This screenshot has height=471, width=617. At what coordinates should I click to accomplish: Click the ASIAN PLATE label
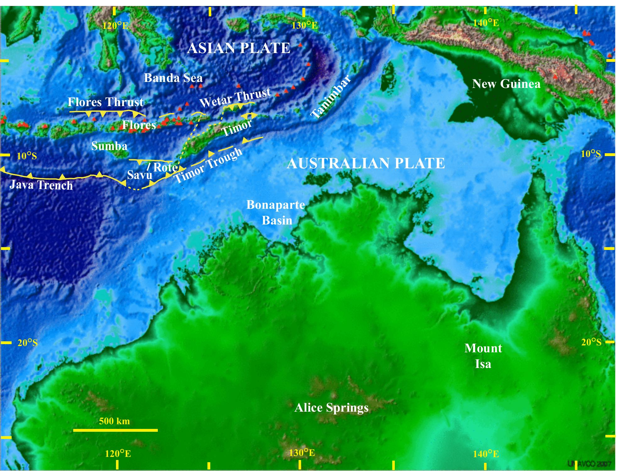pyautogui.click(x=239, y=48)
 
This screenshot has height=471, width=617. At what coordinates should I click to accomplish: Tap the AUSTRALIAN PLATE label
pyautogui.click(x=366, y=163)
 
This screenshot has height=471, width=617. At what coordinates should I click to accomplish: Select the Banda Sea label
pyautogui.click(x=173, y=78)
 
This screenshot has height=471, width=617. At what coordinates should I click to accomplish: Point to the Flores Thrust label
pyautogui.click(x=106, y=102)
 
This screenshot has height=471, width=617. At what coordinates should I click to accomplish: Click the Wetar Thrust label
pyautogui.click(x=235, y=97)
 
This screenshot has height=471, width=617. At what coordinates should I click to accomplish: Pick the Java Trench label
pyautogui.click(x=41, y=185)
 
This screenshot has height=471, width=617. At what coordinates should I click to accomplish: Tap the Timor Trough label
pyautogui.click(x=208, y=165)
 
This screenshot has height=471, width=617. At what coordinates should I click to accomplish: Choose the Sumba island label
pyautogui.click(x=109, y=146)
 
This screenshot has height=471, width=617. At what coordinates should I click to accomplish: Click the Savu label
pyautogui.click(x=140, y=175)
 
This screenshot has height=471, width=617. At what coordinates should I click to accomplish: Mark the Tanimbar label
pyautogui.click(x=331, y=97)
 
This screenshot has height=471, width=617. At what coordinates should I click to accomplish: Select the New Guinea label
pyautogui.click(x=506, y=84)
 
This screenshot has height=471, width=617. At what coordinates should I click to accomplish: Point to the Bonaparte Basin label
pyautogui.click(x=276, y=212)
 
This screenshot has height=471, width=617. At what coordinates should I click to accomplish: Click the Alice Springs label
pyautogui.click(x=331, y=408)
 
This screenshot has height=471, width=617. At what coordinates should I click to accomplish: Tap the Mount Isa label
pyautogui.click(x=483, y=356)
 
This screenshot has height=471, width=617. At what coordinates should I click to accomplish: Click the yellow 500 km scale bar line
pyautogui.click(x=115, y=430)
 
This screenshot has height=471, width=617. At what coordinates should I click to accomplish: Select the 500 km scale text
pyautogui.click(x=114, y=421)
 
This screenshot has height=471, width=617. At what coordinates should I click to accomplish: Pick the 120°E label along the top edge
pyautogui.click(x=116, y=25)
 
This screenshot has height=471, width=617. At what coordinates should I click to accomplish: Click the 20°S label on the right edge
pyautogui.click(x=591, y=342)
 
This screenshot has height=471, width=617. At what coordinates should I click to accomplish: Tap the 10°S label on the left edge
pyautogui.click(x=27, y=156)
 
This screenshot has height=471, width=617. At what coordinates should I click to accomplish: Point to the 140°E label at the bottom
pyautogui.click(x=486, y=454)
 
